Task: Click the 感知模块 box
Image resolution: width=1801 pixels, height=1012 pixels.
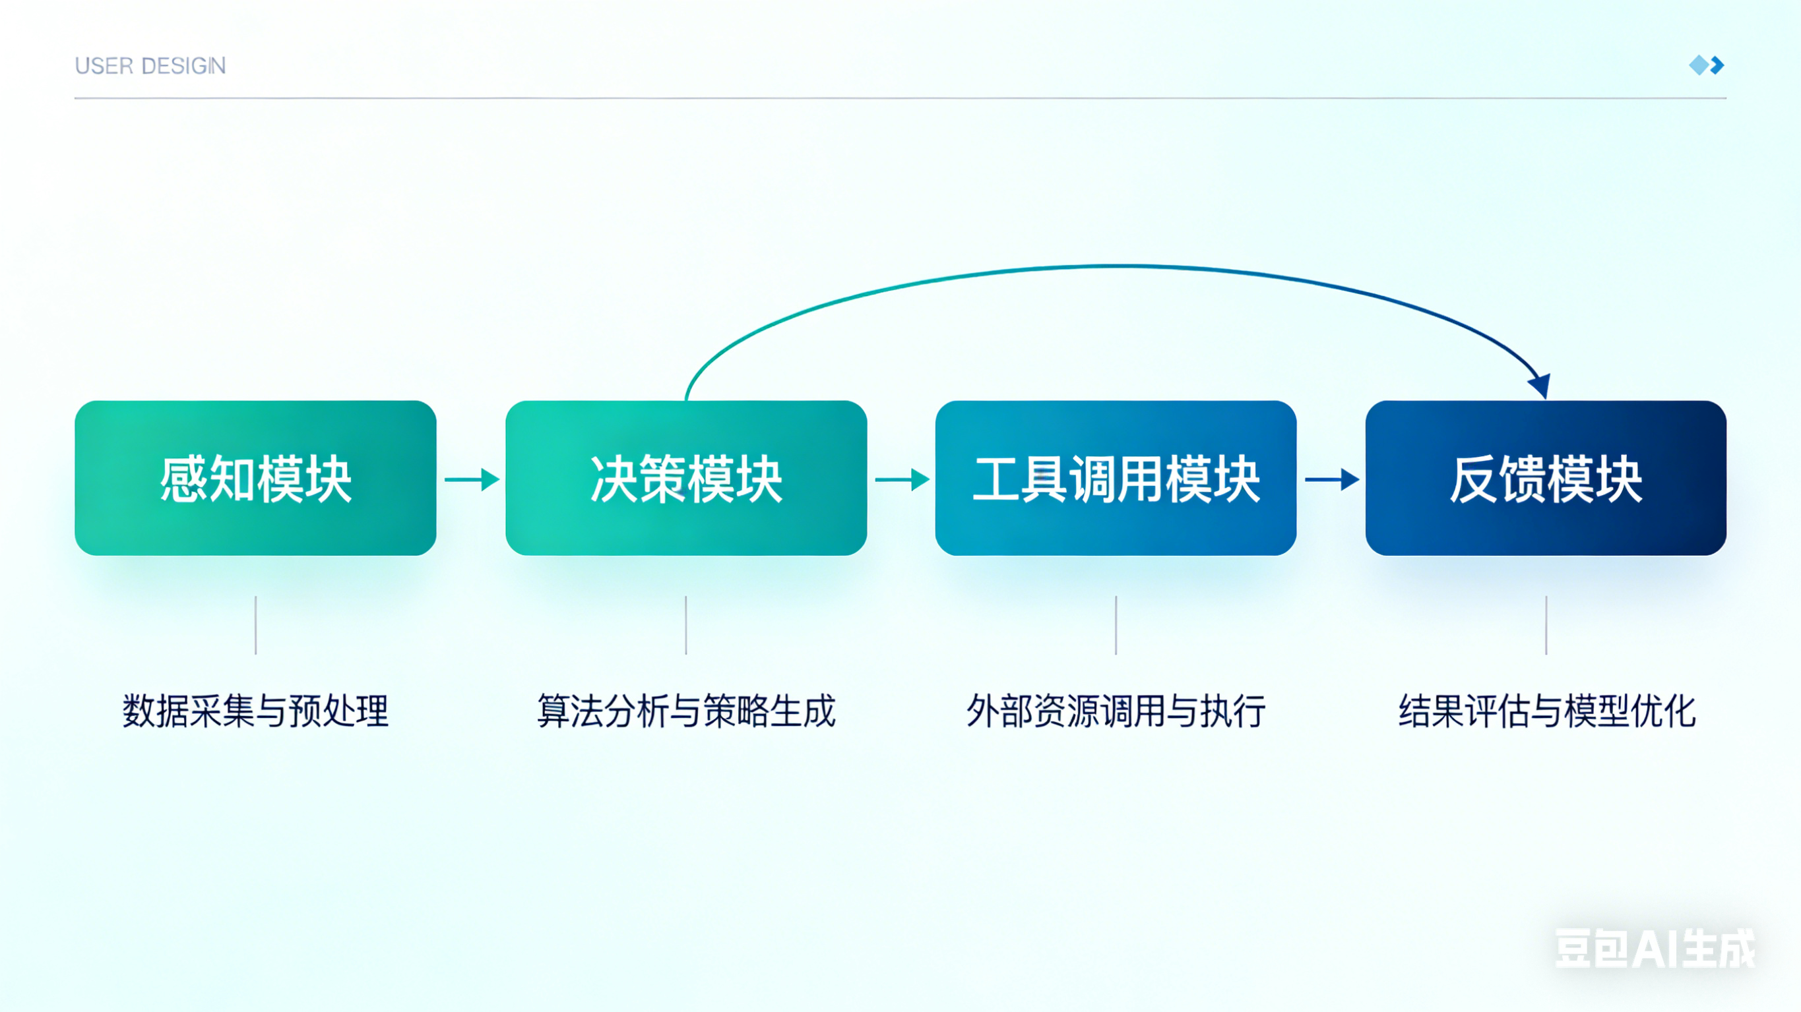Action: pyautogui.click(x=255, y=478)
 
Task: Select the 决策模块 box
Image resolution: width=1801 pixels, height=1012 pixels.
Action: pyautogui.click(x=686, y=478)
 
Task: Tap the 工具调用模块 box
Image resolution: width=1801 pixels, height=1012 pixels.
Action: pyautogui.click(x=1116, y=478)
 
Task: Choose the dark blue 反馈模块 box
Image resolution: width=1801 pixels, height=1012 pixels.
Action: pyautogui.click(x=1546, y=478)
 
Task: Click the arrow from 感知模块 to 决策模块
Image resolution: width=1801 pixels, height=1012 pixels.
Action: pyautogui.click(x=472, y=479)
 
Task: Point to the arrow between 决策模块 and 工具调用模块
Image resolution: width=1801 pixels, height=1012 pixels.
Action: pyautogui.click(x=902, y=479)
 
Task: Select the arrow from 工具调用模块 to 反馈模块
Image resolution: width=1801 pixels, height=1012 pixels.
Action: pyautogui.click(x=1332, y=479)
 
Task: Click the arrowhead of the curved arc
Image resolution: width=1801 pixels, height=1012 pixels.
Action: pyautogui.click(x=1541, y=385)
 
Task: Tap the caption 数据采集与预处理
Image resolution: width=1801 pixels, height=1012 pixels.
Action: pyautogui.click(x=255, y=711)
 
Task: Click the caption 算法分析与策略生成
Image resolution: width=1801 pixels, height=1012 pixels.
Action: pyautogui.click(x=686, y=711)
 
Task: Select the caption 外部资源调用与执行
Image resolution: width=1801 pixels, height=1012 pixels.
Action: pyautogui.click(x=1116, y=711)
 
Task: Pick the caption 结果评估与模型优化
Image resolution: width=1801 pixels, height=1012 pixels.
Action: pyautogui.click(x=1546, y=711)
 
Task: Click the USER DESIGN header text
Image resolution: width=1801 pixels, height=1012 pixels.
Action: pyautogui.click(x=150, y=66)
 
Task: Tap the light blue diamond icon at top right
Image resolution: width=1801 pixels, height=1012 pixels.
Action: pyautogui.click(x=1698, y=65)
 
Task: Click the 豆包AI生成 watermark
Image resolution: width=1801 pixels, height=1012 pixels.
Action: pyautogui.click(x=1654, y=949)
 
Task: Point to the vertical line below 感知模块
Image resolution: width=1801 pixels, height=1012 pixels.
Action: pyautogui.click(x=256, y=625)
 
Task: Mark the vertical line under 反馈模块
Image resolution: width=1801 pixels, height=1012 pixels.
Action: pyautogui.click(x=1546, y=625)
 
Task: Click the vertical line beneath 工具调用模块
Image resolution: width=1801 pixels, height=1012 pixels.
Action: pyautogui.click(x=1116, y=625)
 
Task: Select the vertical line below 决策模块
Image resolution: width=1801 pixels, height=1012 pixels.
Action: pyautogui.click(x=686, y=625)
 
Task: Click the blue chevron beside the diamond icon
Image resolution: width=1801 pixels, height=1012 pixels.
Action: pyautogui.click(x=1718, y=65)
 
